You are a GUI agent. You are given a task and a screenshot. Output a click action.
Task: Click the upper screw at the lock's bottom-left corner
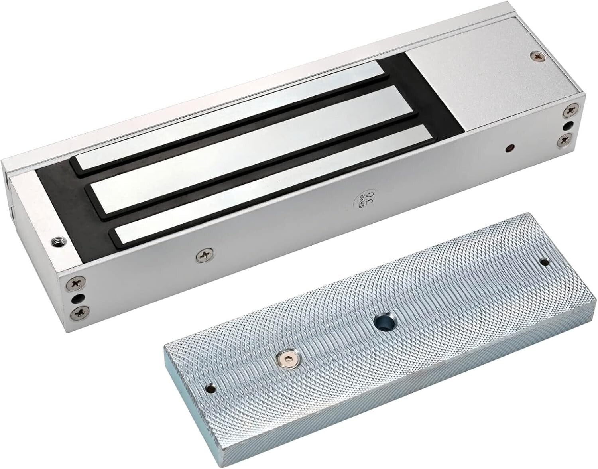(x=75, y=283)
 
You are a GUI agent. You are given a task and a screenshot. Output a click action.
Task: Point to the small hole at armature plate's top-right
(x=544, y=262)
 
